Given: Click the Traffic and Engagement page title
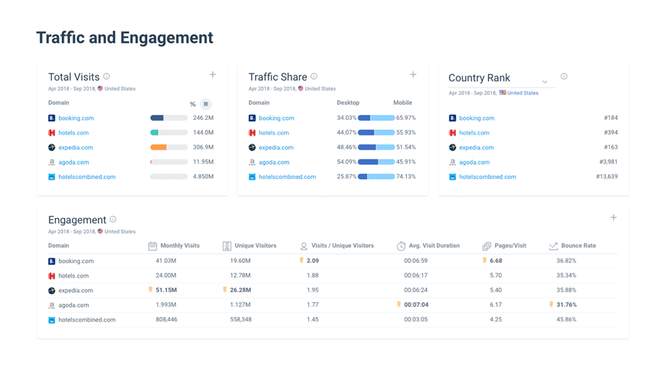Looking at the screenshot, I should pos(125,38).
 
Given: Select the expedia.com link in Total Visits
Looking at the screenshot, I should pos(76,148).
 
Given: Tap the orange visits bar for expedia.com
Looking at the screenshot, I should pos(159,148).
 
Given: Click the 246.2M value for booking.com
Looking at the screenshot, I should pos(203,119).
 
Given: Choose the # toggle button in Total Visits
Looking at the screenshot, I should pos(206,104).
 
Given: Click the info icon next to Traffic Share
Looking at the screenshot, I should pos(314,76).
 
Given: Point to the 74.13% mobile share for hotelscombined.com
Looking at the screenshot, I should pos(406,177).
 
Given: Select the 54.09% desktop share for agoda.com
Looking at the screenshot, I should pos(346,162).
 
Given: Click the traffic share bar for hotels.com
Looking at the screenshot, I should pos(376,133).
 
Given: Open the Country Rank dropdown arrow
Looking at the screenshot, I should pos(545,82).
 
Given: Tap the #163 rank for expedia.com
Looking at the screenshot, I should pos(610,148).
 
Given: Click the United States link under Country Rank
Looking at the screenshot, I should pos(523,93).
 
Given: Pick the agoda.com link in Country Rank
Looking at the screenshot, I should pos(474,162).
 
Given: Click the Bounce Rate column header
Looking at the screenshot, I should pos(578,246).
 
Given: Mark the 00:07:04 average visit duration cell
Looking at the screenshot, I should pos(416,305).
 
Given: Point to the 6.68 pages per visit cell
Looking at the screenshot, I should pos(496,261).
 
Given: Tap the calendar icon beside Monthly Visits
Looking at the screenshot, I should pos(152,246).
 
